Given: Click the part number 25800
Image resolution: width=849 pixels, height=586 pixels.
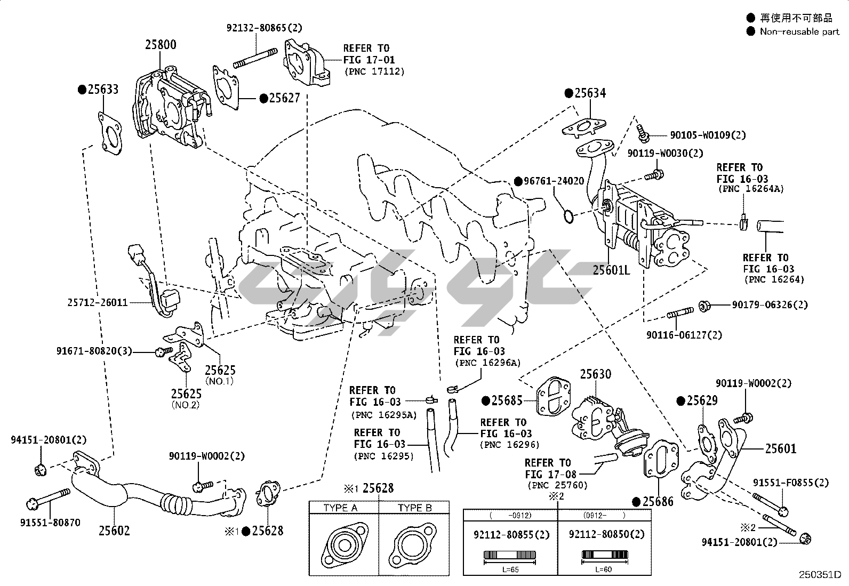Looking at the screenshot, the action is click(161, 45).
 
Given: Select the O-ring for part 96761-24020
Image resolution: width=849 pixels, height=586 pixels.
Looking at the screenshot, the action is click(568, 216).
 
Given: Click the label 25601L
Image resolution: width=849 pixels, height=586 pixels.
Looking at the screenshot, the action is click(611, 270).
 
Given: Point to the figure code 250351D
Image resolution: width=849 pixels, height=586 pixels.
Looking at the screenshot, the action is click(820, 575).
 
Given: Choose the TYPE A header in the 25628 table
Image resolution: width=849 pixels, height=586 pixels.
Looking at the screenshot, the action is click(340, 508).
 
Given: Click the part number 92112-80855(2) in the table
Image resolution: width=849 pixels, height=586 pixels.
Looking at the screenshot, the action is click(511, 534).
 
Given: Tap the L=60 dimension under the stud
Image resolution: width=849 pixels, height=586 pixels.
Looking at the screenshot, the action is click(603, 569).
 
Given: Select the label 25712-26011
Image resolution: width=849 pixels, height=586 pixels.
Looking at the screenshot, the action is click(98, 302).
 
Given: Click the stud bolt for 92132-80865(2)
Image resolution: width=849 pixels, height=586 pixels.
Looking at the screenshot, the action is click(257, 58).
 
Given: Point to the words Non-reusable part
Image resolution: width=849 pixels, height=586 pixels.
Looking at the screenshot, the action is click(800, 31).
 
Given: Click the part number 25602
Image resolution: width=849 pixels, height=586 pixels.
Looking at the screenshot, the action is click(114, 531).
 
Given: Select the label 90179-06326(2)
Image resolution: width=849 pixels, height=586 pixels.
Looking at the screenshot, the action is click(770, 305).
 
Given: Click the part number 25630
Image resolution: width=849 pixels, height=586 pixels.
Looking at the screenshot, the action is click(596, 374).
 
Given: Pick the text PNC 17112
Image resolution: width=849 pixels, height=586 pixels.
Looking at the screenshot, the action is click(374, 71).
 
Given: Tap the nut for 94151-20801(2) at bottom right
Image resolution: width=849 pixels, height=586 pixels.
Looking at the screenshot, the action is click(805, 539).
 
